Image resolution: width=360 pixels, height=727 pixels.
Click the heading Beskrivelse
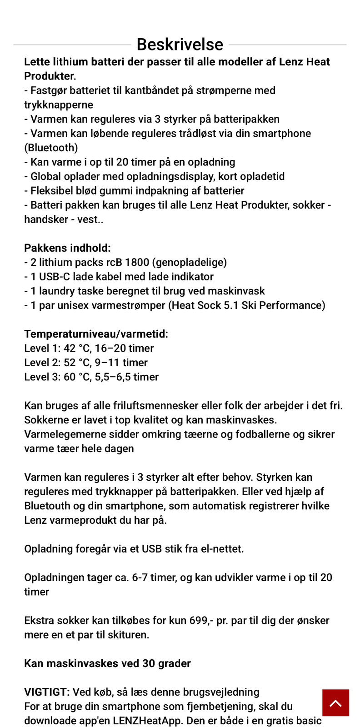click(x=180, y=45)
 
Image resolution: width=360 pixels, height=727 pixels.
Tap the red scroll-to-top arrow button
click(x=335, y=702)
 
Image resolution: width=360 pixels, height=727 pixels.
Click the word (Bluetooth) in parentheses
click(x=51, y=148)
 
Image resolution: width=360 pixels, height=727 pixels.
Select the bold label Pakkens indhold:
click(x=67, y=248)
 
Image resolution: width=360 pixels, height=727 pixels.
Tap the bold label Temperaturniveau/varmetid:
click(x=96, y=334)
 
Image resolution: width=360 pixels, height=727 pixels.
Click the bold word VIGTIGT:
click(x=47, y=692)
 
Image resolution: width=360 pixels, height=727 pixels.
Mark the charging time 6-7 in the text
click(x=143, y=578)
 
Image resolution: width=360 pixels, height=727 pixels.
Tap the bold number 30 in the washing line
click(x=149, y=663)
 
